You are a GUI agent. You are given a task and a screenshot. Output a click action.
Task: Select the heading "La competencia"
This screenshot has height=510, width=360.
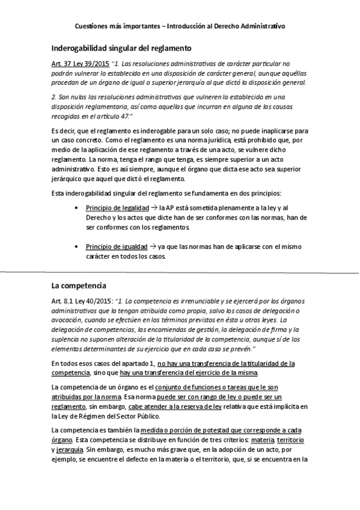point(78,284)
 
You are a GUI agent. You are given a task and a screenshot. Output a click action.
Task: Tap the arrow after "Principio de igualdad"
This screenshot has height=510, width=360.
point(152,247)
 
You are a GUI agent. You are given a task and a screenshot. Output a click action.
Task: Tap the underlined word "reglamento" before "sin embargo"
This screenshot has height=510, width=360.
point(68,407)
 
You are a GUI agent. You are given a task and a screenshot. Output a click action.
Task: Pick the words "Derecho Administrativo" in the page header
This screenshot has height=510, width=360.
point(252,26)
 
